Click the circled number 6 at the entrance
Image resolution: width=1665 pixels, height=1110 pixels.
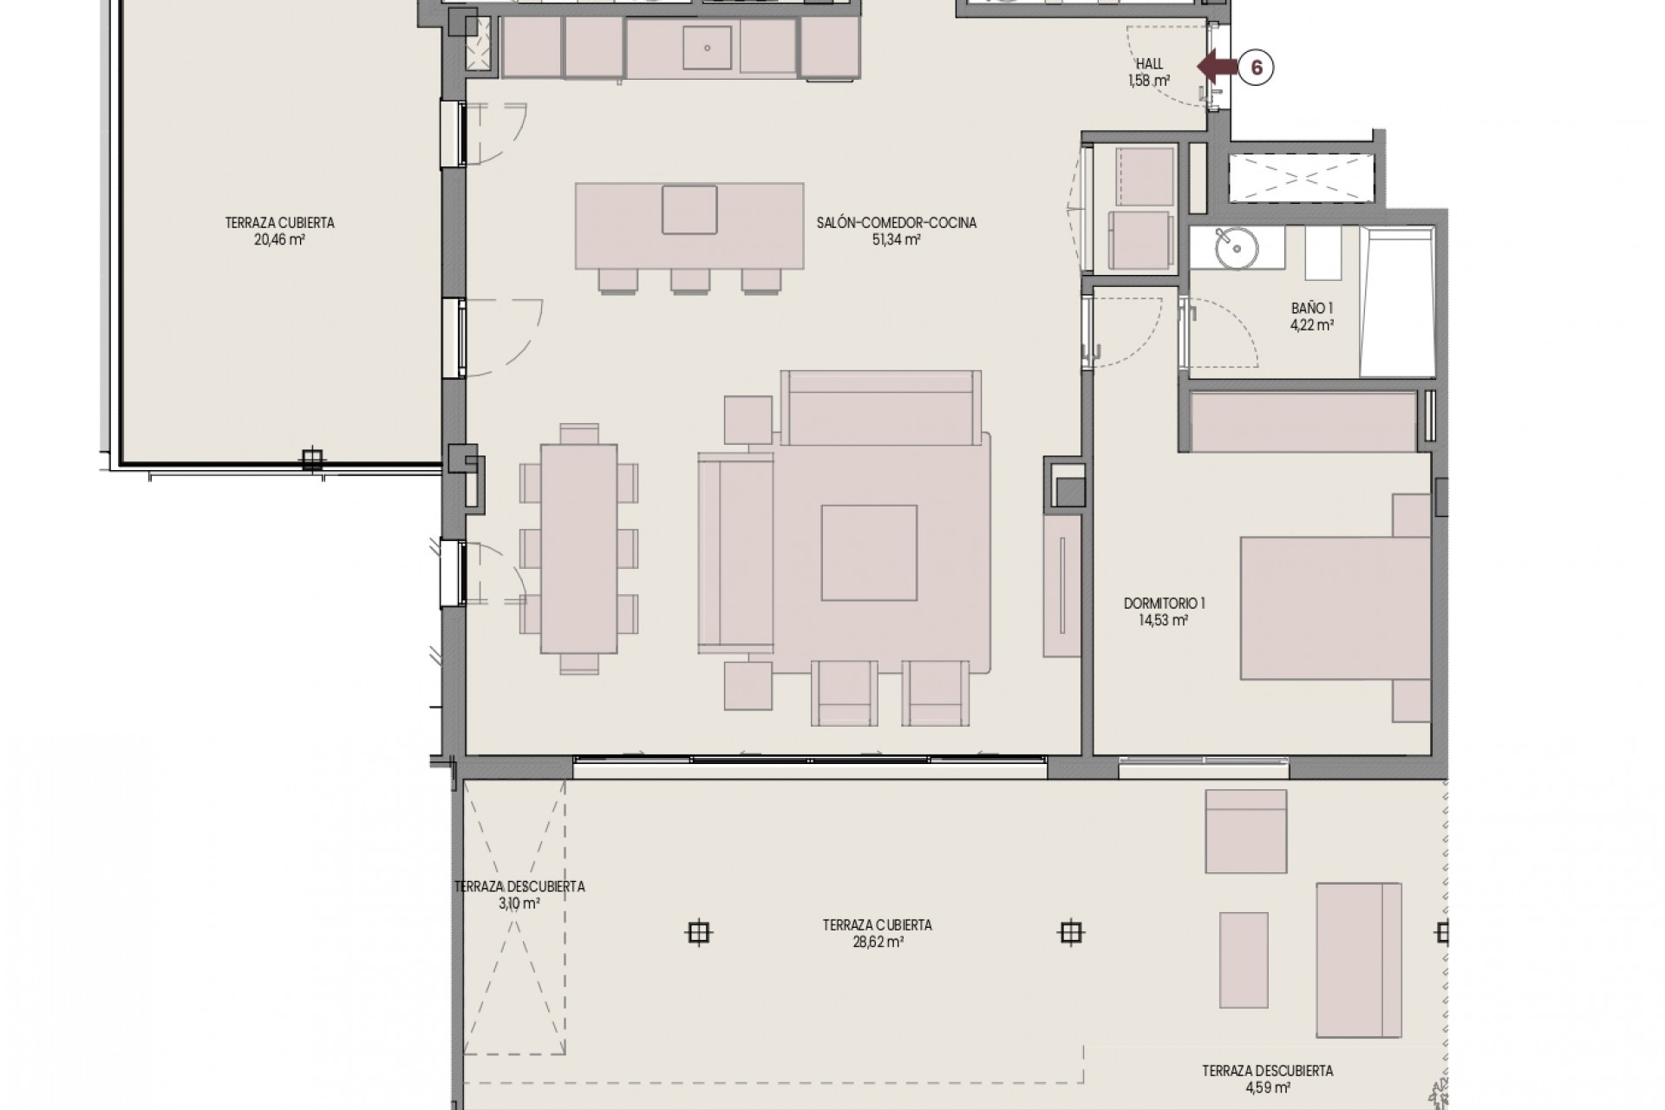[1255, 67]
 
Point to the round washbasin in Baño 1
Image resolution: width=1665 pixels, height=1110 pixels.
[1235, 250]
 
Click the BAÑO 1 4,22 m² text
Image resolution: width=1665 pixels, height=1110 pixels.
[1311, 317]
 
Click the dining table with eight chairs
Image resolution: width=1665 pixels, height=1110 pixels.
[578, 548]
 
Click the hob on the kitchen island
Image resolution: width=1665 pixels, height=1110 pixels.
[689, 209]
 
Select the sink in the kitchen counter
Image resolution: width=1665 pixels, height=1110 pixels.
[708, 46]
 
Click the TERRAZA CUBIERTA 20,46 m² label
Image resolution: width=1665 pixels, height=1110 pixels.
[279, 231]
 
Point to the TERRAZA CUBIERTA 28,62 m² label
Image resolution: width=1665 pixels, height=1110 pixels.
[877, 933]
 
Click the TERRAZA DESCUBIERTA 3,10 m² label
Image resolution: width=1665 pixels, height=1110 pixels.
[519, 894]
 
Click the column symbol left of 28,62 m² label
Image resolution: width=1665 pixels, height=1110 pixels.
[698, 932]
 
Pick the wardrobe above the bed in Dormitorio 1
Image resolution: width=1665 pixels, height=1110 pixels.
[1303, 421]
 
